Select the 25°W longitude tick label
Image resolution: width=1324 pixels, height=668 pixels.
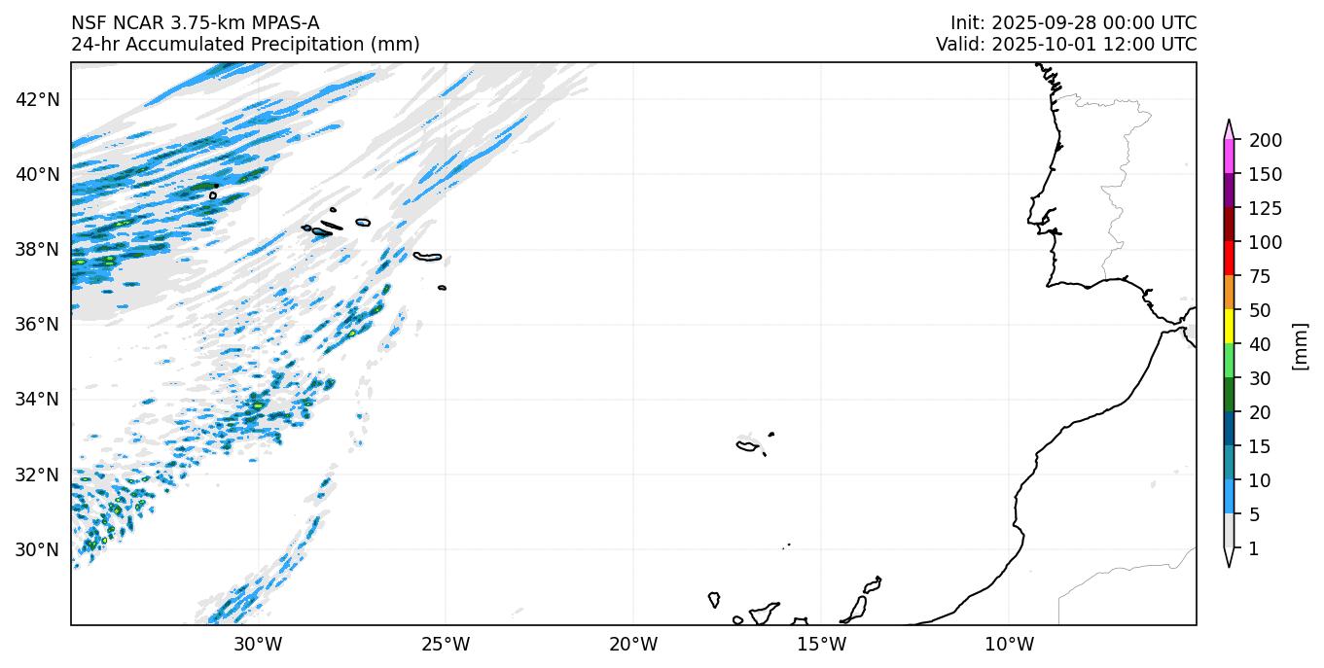(x=446, y=644)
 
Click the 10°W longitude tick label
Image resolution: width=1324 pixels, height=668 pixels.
(x=1009, y=644)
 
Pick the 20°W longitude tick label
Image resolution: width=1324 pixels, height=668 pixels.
(x=633, y=644)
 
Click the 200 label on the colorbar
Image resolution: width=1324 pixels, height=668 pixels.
(x=1265, y=141)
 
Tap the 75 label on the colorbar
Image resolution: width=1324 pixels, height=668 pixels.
(x=1261, y=277)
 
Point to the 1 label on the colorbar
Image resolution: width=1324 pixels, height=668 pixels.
(x=1253, y=549)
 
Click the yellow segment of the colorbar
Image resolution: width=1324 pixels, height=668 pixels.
(x=1230, y=328)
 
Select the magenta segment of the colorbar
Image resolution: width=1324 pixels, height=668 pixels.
(x=1230, y=158)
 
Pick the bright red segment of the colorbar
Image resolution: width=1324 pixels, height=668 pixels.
(x=1230, y=260)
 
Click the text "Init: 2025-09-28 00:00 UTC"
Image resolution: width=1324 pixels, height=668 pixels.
(x=1073, y=23)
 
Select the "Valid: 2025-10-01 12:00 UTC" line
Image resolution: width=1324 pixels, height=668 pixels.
(x=1066, y=45)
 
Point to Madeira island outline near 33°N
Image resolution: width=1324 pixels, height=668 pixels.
(x=747, y=446)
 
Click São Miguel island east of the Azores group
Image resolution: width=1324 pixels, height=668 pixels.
(x=427, y=257)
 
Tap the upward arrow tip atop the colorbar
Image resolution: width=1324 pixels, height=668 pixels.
(x=1230, y=123)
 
